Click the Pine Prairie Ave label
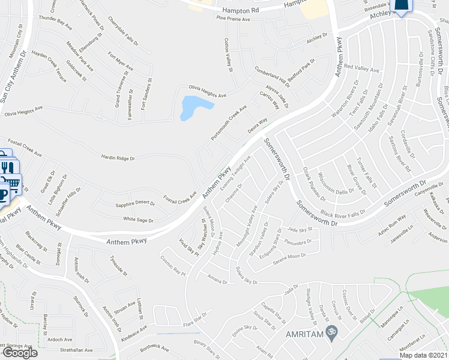point(242,19)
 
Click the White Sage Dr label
point(139,219)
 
